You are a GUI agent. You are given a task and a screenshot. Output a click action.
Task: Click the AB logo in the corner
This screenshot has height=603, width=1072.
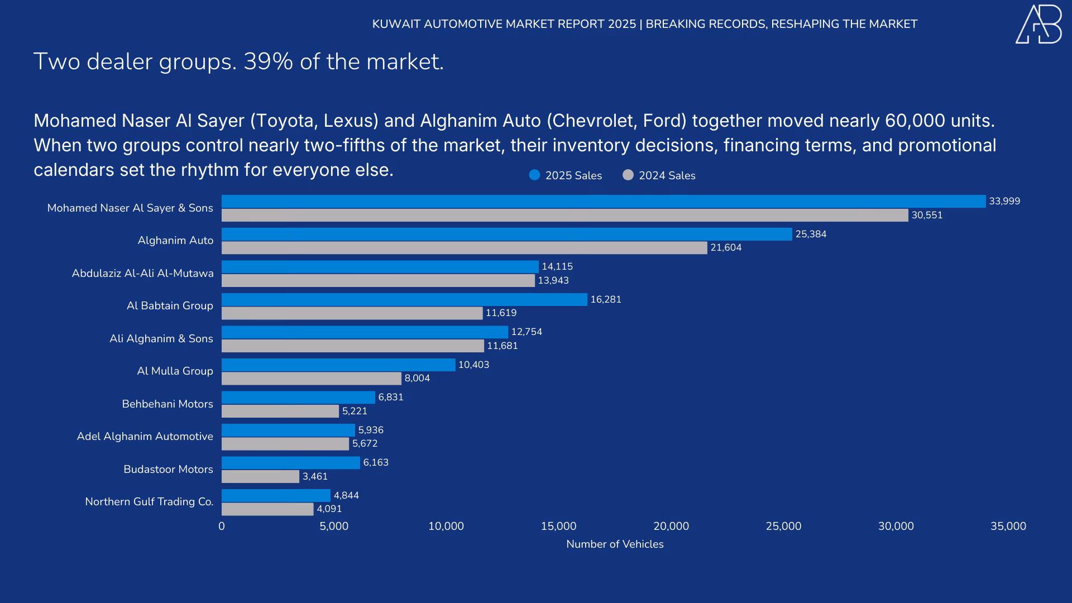[1038, 25]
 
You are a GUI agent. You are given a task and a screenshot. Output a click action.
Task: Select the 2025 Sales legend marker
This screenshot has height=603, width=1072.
[534, 175]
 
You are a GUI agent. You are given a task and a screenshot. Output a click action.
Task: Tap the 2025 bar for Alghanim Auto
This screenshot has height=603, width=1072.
[506, 234]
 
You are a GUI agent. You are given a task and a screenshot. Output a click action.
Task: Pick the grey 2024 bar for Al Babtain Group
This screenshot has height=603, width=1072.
[352, 313]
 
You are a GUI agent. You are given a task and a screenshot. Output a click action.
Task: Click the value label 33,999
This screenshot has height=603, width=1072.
[1004, 201]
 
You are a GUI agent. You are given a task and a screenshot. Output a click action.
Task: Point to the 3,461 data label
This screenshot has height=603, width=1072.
[315, 476]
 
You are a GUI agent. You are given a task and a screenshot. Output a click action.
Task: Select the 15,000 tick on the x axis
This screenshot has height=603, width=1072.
[558, 526]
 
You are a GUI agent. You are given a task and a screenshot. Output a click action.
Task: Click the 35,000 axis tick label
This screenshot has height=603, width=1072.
[1008, 526]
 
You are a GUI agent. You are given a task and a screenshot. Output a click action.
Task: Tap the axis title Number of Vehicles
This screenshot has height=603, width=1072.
[615, 544]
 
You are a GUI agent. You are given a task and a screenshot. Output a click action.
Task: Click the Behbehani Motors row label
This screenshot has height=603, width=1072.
[167, 404]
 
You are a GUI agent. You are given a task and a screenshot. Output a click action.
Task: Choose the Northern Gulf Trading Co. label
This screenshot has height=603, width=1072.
[149, 501]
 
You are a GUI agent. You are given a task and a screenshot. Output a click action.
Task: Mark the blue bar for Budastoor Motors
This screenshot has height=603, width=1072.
[290, 463]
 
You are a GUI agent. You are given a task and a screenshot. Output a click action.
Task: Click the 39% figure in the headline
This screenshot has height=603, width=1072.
[268, 61]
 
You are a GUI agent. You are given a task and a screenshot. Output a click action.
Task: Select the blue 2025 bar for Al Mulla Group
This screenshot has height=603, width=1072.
[338, 365]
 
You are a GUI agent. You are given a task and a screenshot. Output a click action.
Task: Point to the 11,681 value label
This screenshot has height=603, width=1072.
[502, 346]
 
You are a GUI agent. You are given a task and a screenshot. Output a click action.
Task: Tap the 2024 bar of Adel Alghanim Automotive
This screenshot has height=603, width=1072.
[285, 444]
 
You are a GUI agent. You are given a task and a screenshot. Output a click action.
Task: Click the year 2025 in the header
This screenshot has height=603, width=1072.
[622, 24]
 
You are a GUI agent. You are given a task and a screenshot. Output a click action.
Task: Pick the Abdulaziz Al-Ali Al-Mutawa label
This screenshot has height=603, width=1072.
[142, 273]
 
